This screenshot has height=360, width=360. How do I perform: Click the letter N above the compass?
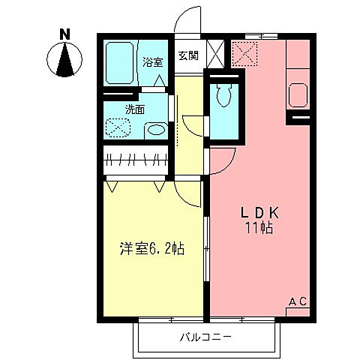[x=65, y=34]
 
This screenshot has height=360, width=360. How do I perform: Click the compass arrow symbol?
[x=66, y=60]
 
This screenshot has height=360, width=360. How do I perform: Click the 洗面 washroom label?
[x=135, y=109]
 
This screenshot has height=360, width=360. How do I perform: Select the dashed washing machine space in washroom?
[x=119, y=127]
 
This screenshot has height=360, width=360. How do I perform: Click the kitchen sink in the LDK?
[x=297, y=94]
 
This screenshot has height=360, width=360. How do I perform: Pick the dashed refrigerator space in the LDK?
[x=244, y=53]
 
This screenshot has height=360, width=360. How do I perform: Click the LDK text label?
[x=256, y=212]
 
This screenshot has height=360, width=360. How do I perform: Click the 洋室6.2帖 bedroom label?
[x=152, y=248]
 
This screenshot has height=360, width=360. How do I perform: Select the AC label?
[x=298, y=301]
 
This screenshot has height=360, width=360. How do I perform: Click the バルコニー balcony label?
[x=205, y=337]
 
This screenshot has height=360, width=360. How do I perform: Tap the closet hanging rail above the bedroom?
[x=136, y=159]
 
